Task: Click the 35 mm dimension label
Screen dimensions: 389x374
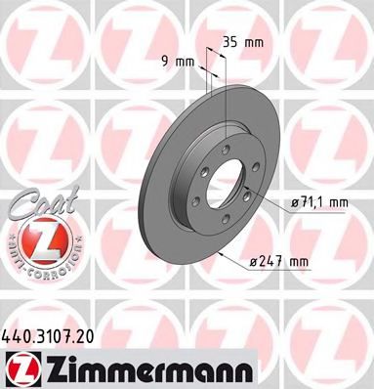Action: click(240, 42)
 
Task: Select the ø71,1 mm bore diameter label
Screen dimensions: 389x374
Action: click(320, 202)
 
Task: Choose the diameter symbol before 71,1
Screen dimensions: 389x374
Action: click(294, 202)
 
